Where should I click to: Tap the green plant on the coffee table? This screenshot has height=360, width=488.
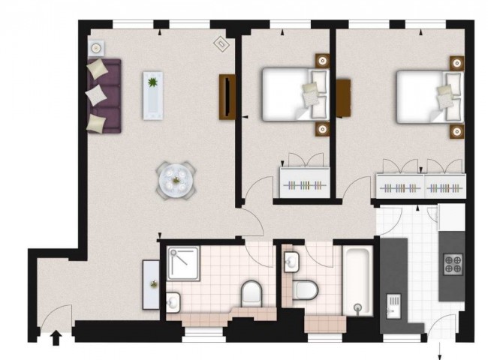click(x=153, y=82)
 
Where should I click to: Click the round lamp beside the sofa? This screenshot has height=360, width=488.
click(x=96, y=49)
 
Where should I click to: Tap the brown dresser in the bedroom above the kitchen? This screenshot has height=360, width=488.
click(x=345, y=97)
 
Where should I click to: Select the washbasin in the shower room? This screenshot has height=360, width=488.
click(x=173, y=301)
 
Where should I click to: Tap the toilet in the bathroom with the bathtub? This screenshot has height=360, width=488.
click(x=306, y=288)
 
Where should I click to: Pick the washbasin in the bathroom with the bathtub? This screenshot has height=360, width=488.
click(x=291, y=262)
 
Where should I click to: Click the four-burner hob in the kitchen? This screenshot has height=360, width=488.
click(x=453, y=263)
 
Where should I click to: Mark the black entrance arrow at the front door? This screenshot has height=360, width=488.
click(x=55, y=339)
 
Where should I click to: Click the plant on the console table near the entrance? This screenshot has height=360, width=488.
click(x=153, y=283)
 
